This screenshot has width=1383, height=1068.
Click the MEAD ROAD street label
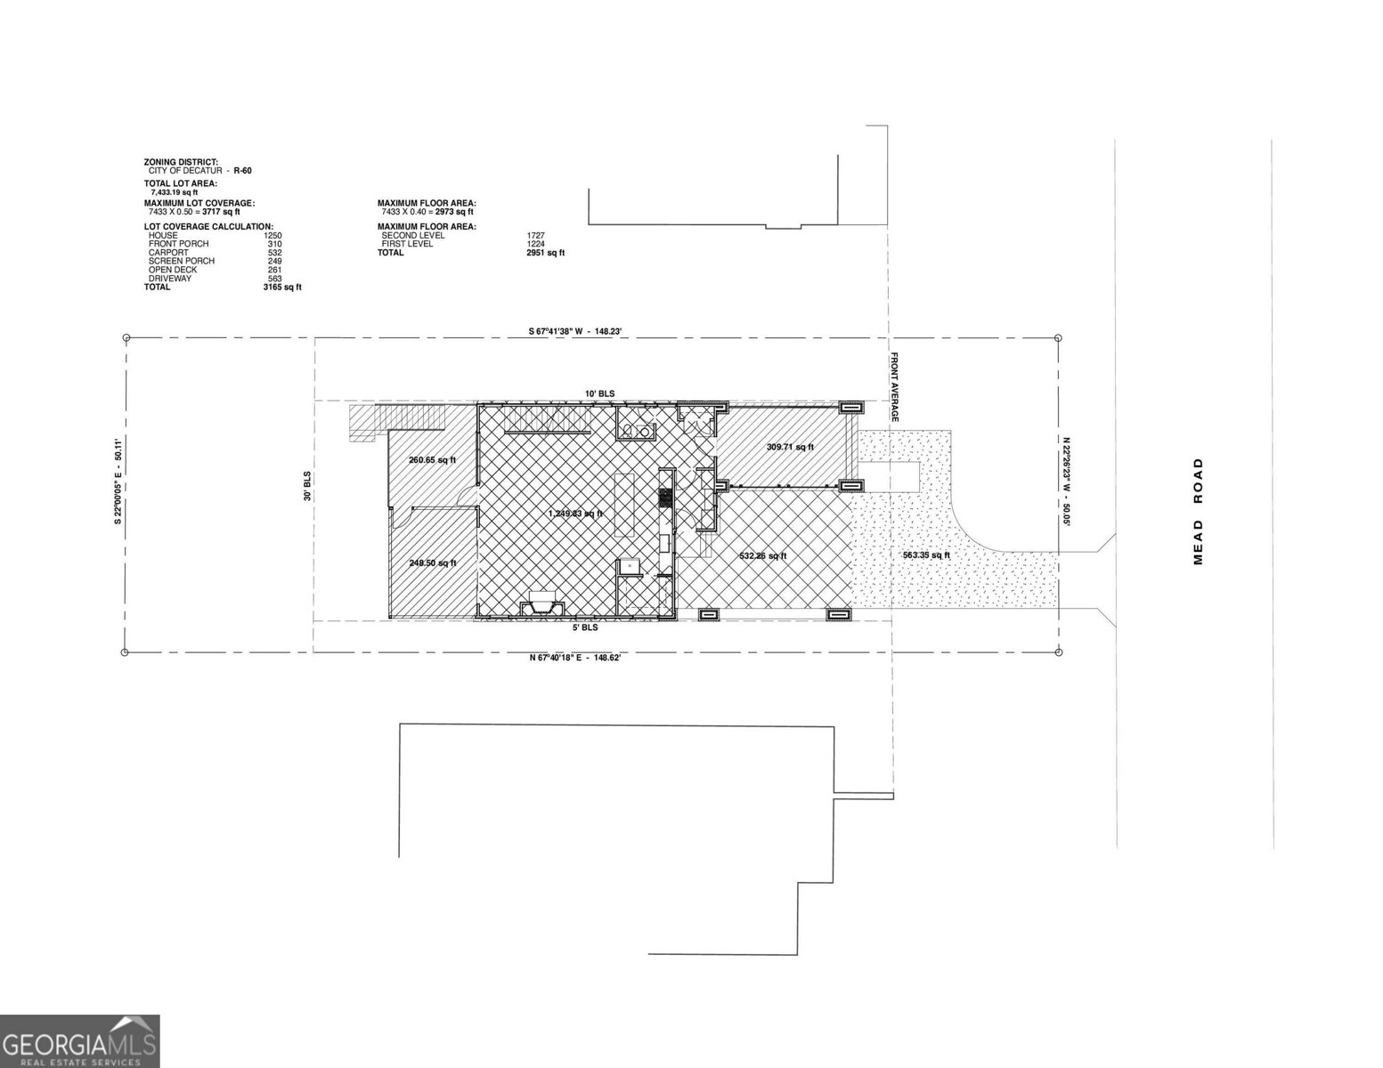point(1198,511)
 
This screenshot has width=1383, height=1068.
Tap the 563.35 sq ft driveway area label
point(926,555)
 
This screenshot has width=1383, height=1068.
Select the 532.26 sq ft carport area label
point(763,556)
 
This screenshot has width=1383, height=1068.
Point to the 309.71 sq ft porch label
point(790,447)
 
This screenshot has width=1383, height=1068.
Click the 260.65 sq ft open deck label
point(432,460)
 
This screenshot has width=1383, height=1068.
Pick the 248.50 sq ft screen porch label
point(432,562)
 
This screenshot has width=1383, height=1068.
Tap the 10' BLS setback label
point(599,393)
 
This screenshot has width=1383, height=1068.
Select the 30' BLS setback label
point(306,484)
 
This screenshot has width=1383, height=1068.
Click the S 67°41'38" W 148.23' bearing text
point(581,332)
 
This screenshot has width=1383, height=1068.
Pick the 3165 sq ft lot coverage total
point(287,287)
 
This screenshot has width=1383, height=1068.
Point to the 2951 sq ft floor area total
point(545,253)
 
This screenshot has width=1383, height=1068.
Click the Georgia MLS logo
point(80,1041)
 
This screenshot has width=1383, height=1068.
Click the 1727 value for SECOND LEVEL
point(535,235)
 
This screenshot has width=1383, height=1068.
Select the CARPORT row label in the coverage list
point(168,253)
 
